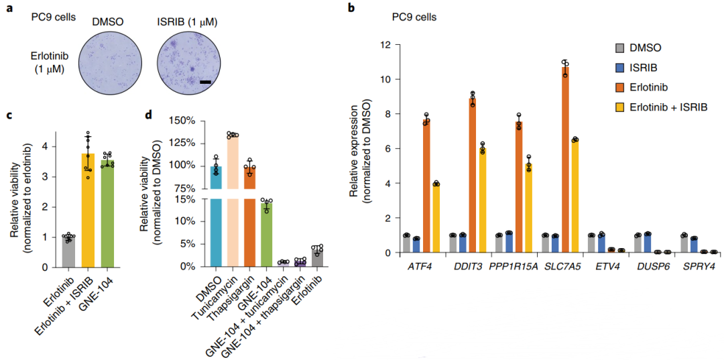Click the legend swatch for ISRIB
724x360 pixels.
(620, 68)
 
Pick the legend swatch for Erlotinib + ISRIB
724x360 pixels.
(620, 107)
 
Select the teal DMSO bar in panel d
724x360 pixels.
(215, 215)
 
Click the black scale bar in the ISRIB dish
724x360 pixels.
(205, 82)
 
